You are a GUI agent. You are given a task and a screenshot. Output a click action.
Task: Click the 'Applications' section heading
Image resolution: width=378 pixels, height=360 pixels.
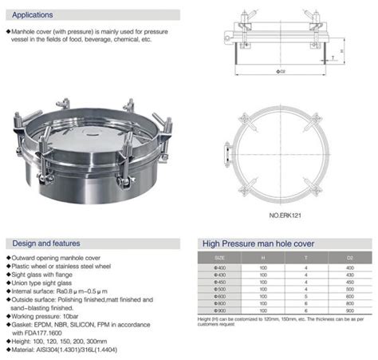click(33, 14)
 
